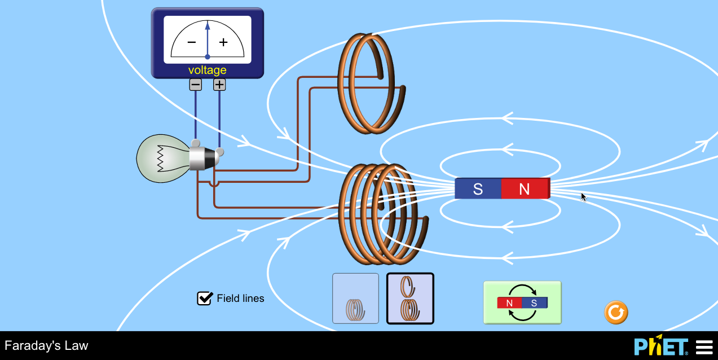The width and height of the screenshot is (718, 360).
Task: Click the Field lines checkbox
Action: (x=204, y=298)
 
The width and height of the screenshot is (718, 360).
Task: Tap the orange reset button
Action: (x=616, y=312)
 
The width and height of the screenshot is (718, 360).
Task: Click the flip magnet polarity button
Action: (x=522, y=302)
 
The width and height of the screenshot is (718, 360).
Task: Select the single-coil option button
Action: (x=355, y=298)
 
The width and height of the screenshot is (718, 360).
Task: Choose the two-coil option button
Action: (x=410, y=298)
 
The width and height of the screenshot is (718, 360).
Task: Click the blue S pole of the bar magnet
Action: (x=478, y=189)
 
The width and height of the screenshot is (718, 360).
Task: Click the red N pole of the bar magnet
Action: (x=525, y=189)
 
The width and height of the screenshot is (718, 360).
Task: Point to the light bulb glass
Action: (x=161, y=159)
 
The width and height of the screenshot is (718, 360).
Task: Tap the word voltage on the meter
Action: (x=208, y=70)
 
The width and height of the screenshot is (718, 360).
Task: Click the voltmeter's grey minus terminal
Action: (x=196, y=85)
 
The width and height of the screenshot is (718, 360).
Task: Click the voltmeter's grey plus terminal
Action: (x=219, y=85)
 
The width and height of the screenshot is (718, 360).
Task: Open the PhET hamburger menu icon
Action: (x=704, y=346)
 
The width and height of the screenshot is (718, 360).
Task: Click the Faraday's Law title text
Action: (x=46, y=345)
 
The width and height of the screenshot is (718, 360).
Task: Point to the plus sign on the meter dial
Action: (x=223, y=42)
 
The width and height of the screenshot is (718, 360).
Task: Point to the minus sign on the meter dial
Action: (x=192, y=42)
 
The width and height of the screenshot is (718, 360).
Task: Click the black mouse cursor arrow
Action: (x=584, y=197)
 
